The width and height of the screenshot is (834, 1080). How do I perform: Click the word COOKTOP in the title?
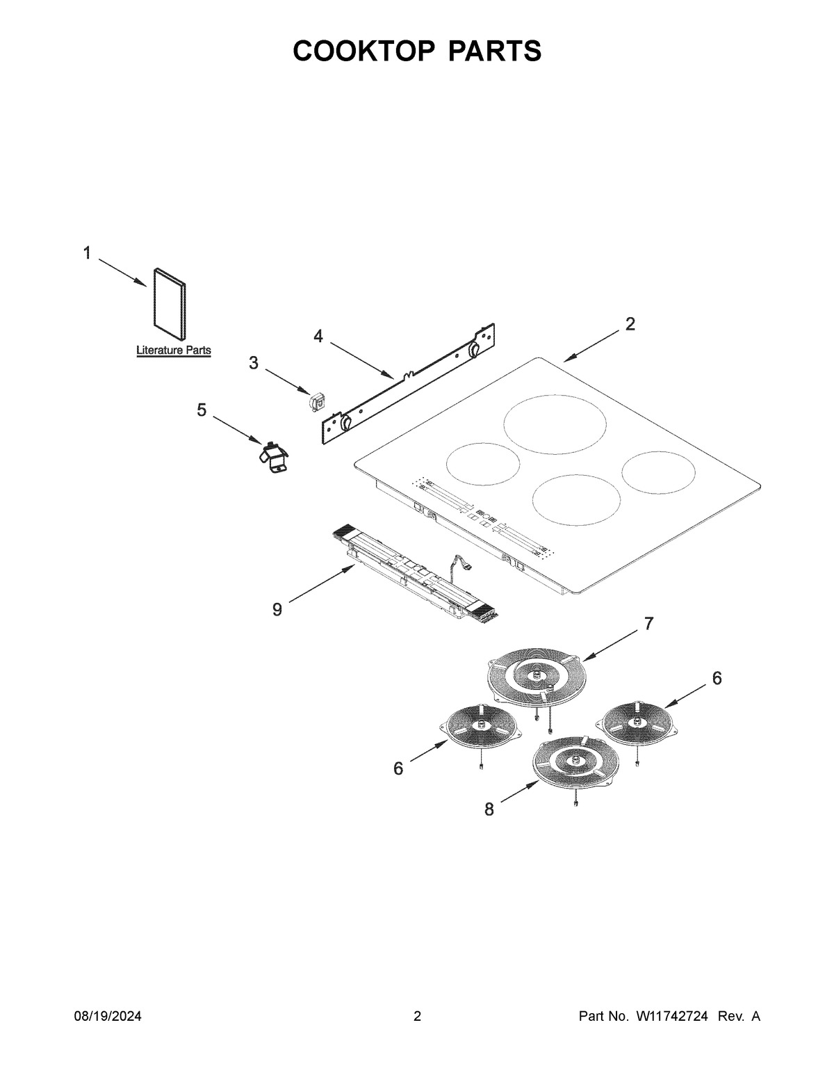pyautogui.click(x=365, y=51)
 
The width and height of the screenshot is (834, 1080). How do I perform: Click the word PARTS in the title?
pyautogui.click(x=495, y=51)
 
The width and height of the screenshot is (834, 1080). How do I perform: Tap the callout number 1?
pyautogui.click(x=87, y=253)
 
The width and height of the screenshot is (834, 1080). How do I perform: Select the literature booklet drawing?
pyautogui.click(x=170, y=303)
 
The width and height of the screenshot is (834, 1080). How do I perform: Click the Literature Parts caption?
pyautogui.click(x=173, y=350)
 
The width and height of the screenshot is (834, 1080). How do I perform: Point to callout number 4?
pyautogui.click(x=318, y=337)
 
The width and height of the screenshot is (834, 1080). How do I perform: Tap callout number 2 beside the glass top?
pyautogui.click(x=630, y=324)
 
